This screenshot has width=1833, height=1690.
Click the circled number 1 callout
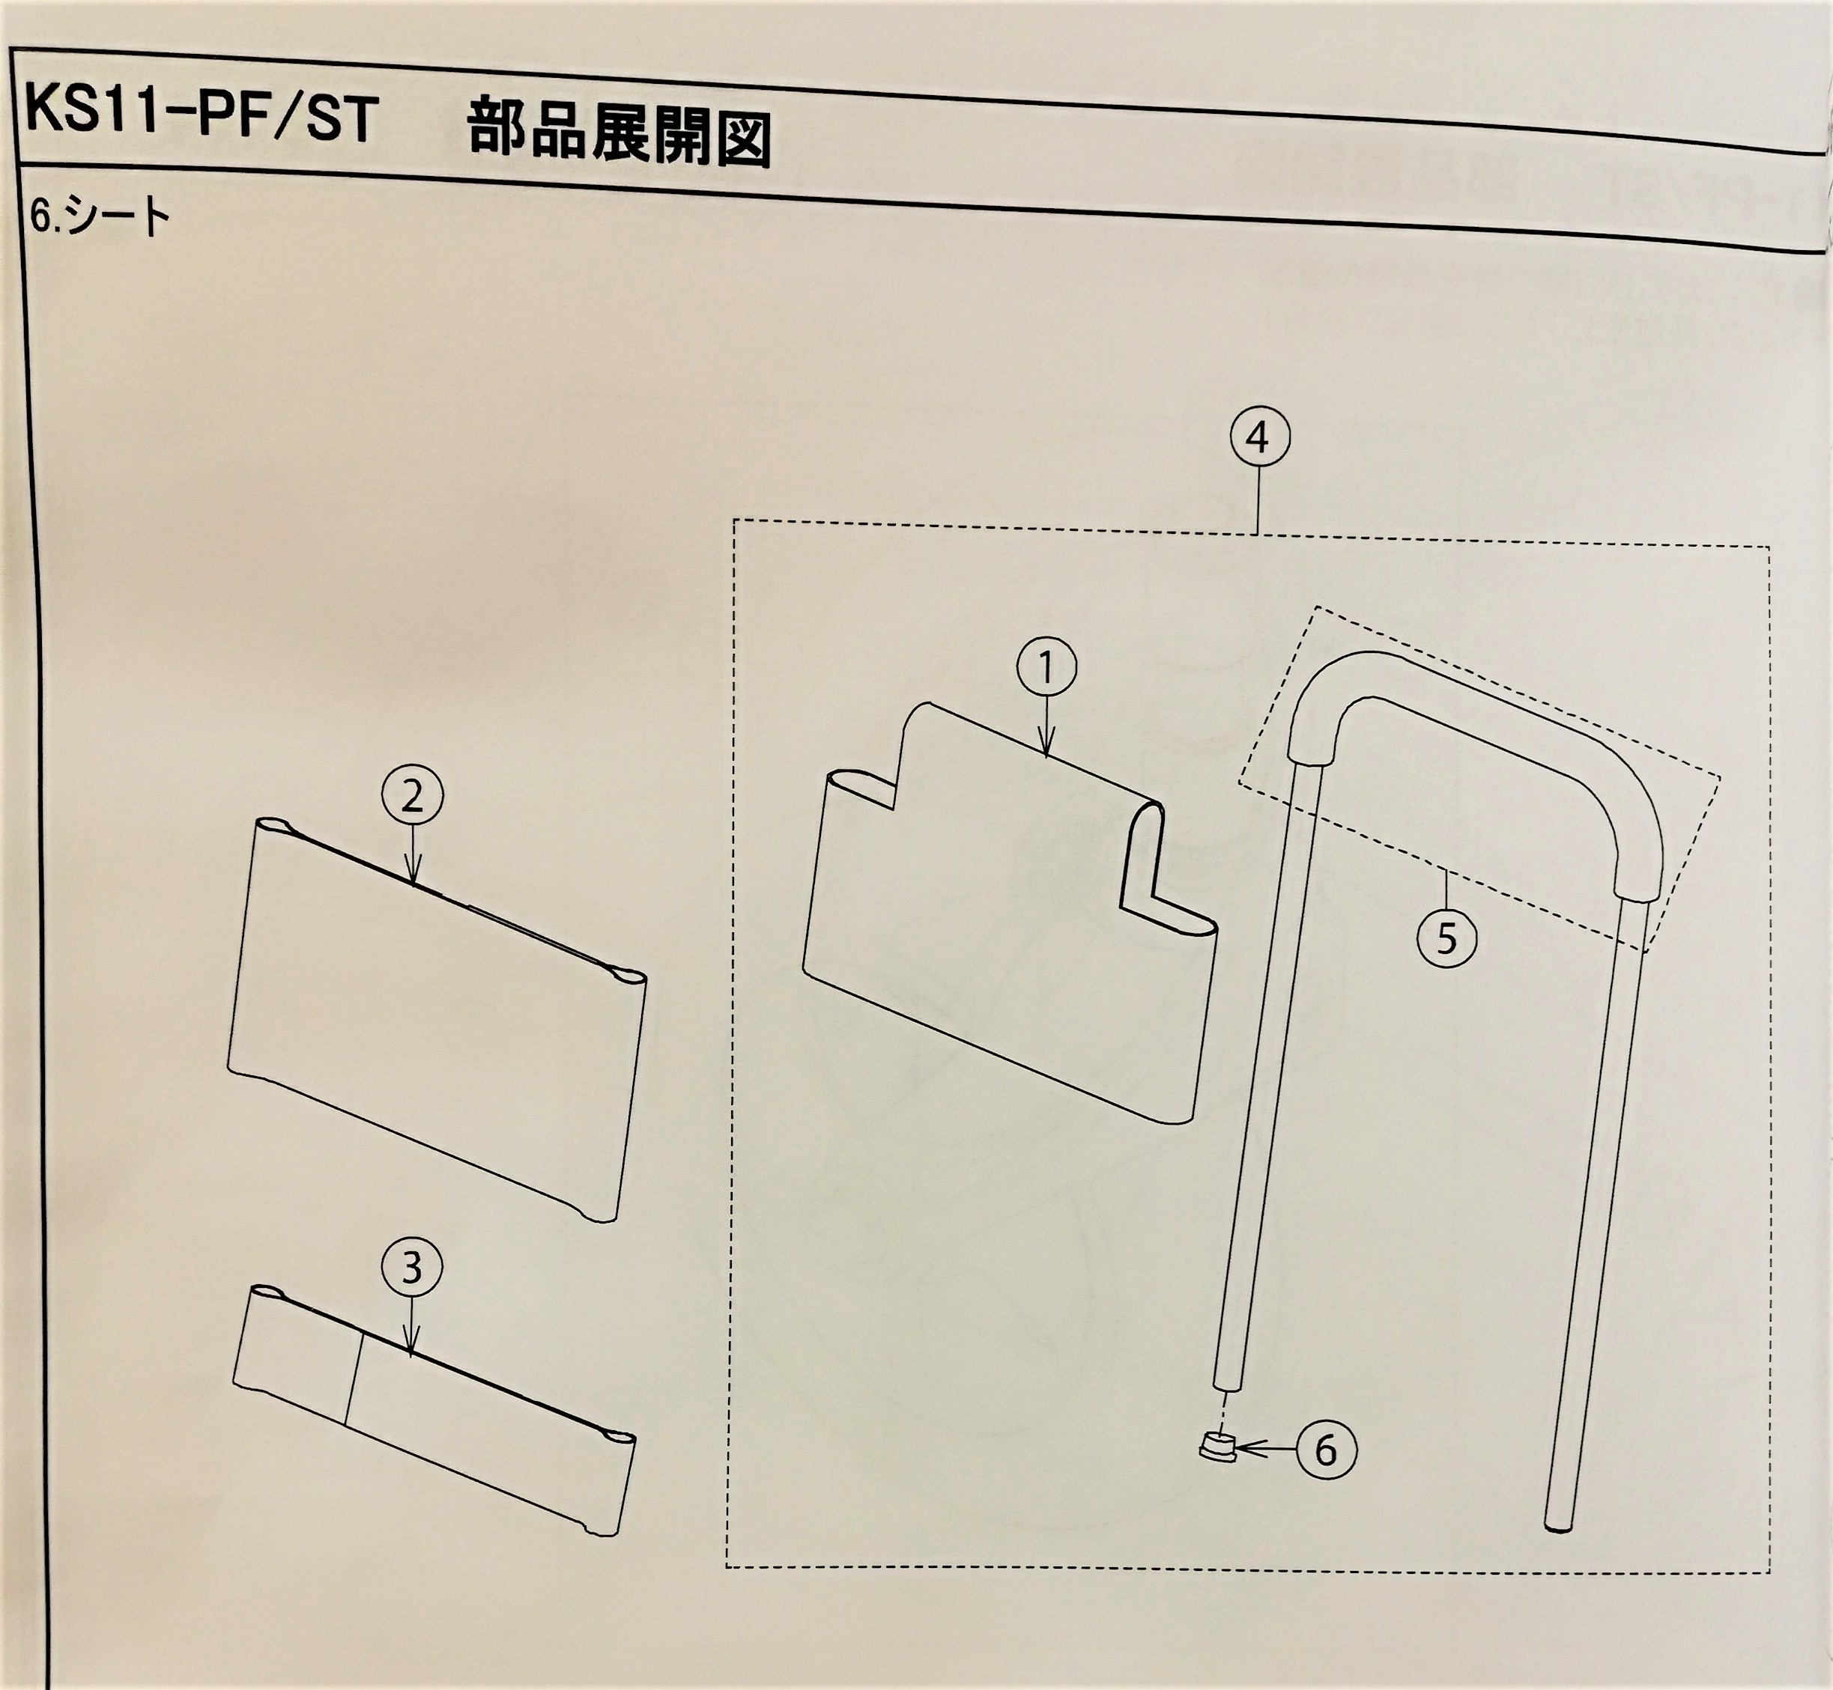[x=1046, y=669]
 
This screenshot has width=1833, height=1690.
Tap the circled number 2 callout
[x=413, y=797]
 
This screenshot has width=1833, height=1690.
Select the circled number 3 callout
[x=411, y=1268]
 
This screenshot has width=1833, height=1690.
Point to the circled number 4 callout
[x=1259, y=438]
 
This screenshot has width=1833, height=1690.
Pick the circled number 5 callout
[x=1446, y=938]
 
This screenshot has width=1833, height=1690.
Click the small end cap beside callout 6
[x=1217, y=1447]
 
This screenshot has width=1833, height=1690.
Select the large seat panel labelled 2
[x=430, y=1015]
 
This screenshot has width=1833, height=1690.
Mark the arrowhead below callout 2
[x=413, y=878]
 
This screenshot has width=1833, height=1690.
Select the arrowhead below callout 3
[x=413, y=1349]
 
